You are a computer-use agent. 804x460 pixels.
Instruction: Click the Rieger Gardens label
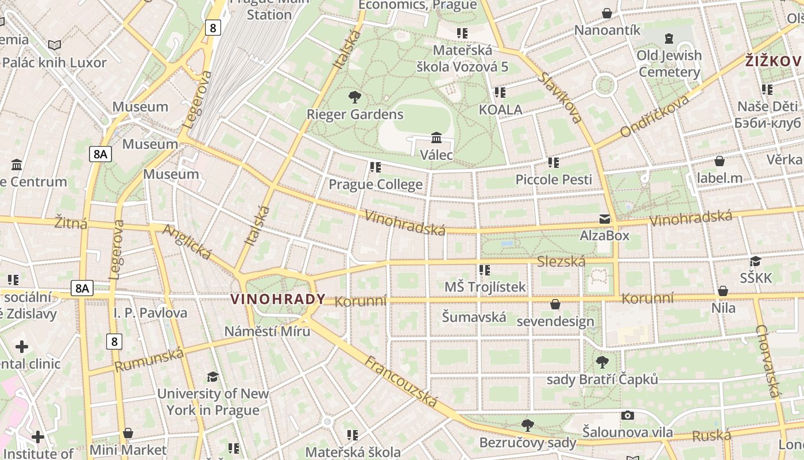(x=355, y=114)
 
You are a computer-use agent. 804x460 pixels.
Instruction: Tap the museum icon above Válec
(x=436, y=138)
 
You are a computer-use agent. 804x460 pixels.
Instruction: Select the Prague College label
(x=376, y=185)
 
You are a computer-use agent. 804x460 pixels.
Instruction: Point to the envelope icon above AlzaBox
(x=605, y=219)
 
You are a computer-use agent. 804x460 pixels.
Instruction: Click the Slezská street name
(x=561, y=262)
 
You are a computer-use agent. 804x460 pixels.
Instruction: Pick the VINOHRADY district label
(x=278, y=299)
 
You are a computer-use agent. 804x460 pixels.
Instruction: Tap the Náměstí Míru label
(x=267, y=331)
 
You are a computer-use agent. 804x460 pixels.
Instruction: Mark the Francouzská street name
(x=401, y=381)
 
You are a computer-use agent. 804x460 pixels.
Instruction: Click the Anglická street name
(x=187, y=241)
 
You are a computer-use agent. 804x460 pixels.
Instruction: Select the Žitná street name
(x=71, y=223)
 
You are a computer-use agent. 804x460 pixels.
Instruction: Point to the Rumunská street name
(x=149, y=360)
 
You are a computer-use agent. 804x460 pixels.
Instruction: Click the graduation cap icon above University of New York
(x=213, y=377)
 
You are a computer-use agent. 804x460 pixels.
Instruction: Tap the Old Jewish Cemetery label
(x=669, y=64)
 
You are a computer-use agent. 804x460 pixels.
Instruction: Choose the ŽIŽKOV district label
(x=773, y=61)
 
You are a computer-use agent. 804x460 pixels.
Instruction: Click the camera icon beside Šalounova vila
(x=628, y=415)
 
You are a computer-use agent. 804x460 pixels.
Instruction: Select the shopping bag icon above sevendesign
(x=555, y=304)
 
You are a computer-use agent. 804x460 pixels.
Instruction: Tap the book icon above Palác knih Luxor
(x=55, y=45)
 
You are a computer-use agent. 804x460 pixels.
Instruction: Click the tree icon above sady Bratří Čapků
(x=602, y=362)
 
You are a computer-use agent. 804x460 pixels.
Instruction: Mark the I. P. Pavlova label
(x=150, y=313)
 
